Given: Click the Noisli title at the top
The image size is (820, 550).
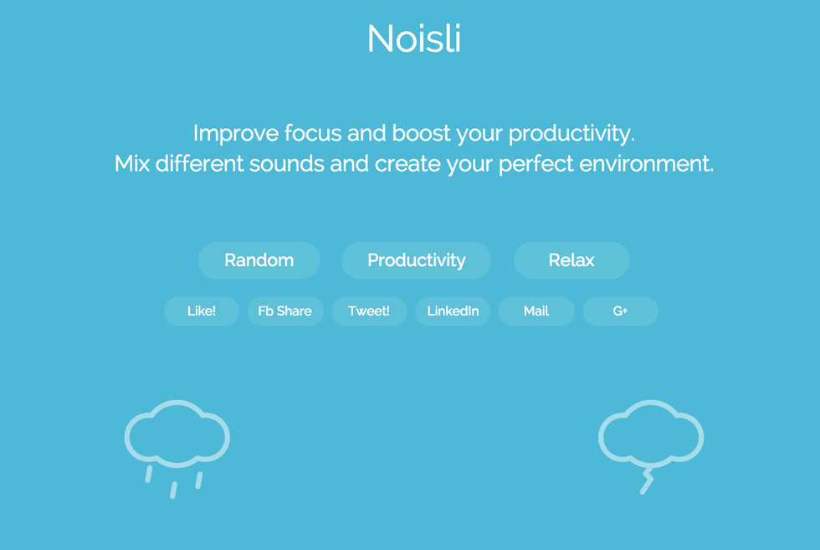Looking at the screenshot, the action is (413, 39).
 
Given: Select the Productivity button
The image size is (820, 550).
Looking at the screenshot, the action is (417, 260).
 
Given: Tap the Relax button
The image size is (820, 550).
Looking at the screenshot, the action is (571, 260).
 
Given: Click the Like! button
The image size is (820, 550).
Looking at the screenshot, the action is (202, 311).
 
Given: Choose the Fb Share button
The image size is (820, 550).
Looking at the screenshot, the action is (285, 311).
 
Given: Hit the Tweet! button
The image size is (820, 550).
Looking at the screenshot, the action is (369, 311).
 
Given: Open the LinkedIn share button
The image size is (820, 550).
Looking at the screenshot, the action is (453, 311).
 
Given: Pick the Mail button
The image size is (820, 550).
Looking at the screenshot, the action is (536, 311).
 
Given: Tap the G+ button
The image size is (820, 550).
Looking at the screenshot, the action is (620, 311).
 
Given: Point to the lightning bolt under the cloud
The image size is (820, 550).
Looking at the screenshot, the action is (648, 481).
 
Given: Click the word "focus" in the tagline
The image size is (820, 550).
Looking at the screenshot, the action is (313, 133).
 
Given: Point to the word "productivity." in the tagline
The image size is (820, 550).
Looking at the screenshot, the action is (571, 134).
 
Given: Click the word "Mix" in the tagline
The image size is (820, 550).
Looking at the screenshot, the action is (132, 164).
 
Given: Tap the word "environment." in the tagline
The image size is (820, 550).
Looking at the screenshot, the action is (646, 164).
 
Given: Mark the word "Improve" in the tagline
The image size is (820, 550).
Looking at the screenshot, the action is (236, 134).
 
